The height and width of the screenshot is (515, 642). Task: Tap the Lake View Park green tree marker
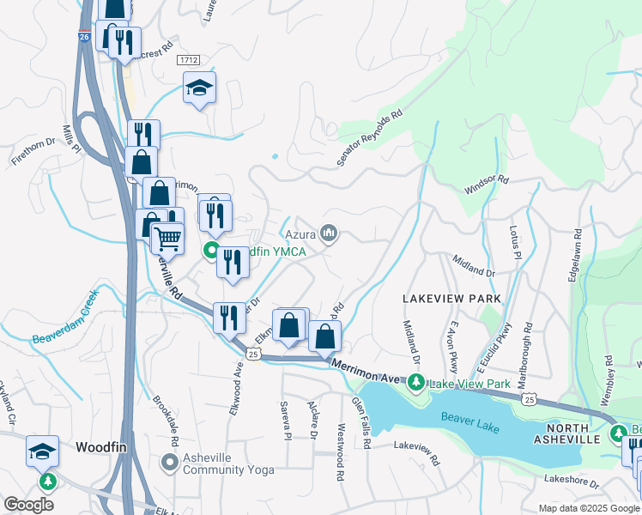tap(416, 381)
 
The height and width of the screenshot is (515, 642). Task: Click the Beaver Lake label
tap(469, 418)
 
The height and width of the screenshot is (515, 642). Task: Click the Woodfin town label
tap(102, 446)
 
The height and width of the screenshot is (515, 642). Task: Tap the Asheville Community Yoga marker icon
tap(169, 463)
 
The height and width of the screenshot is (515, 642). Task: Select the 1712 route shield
tap(190, 59)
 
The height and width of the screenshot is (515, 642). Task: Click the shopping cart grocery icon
tap(167, 238)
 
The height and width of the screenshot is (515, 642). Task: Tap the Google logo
tap(28, 505)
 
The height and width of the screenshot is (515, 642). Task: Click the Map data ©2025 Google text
tap(588, 508)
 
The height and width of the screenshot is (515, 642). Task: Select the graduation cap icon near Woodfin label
tap(43, 451)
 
